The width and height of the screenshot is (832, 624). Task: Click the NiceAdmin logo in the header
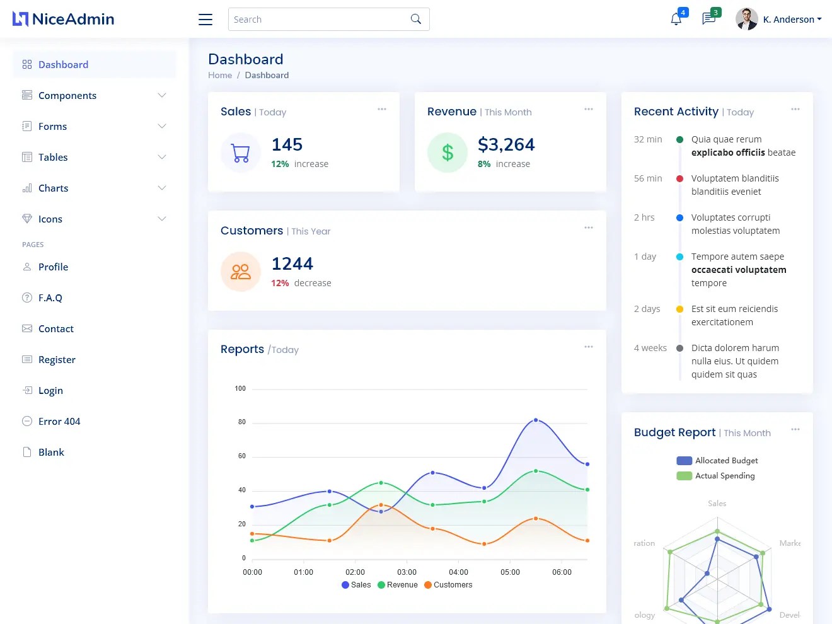[64, 19]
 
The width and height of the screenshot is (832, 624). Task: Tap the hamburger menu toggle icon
[205, 20]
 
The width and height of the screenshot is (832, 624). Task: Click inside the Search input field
[318, 20]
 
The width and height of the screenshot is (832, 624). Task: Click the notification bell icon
[676, 20]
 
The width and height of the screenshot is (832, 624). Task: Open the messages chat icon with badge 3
[708, 20]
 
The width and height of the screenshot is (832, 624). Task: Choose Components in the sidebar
[67, 96]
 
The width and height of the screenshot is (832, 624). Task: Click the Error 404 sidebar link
[59, 422]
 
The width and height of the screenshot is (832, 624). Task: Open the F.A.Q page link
[50, 298]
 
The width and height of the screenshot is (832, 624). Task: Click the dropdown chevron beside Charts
[162, 188]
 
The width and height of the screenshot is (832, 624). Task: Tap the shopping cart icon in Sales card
[241, 153]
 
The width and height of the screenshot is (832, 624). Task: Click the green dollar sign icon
[448, 153]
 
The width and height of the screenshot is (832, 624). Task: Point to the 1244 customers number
[292, 263]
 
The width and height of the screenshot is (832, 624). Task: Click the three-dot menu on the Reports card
[589, 347]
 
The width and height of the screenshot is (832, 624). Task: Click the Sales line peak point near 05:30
[536, 420]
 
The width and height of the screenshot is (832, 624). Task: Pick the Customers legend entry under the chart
[448, 585]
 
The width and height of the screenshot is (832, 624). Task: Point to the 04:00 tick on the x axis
[458, 572]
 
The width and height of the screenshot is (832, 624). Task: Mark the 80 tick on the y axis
[242, 422]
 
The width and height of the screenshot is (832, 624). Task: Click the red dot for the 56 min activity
[679, 179]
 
